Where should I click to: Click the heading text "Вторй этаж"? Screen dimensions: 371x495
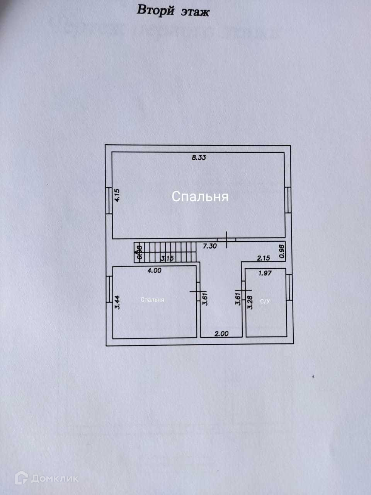click(173, 11)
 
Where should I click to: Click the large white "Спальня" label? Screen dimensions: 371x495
click(200, 196)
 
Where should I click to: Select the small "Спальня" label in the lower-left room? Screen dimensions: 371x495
click(152, 300)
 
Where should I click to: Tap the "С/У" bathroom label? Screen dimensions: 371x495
click(265, 301)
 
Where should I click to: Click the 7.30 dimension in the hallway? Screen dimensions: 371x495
click(210, 246)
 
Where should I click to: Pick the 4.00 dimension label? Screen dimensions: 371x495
click(154, 271)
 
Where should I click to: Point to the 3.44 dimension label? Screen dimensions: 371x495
click(117, 302)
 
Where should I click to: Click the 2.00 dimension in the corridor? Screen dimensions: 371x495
click(221, 334)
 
